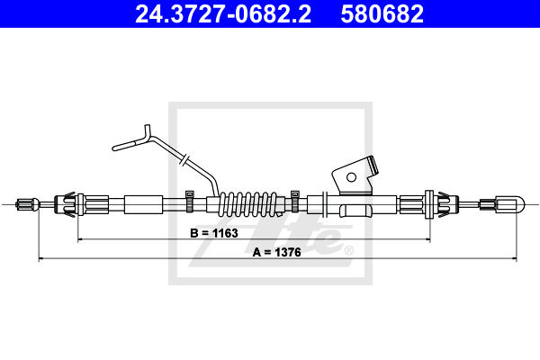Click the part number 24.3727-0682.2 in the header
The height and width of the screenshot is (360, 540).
click(223, 13)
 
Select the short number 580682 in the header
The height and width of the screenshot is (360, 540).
click(382, 13)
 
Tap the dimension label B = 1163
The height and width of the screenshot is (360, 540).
click(214, 233)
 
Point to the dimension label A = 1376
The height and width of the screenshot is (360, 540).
click(277, 252)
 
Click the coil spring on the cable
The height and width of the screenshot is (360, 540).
click(248, 204)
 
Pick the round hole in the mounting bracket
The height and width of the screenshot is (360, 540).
click(351, 177)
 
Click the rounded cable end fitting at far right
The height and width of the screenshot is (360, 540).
click(509, 204)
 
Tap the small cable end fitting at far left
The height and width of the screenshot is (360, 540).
click(28, 204)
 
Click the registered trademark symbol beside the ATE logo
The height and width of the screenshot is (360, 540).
click(348, 250)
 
